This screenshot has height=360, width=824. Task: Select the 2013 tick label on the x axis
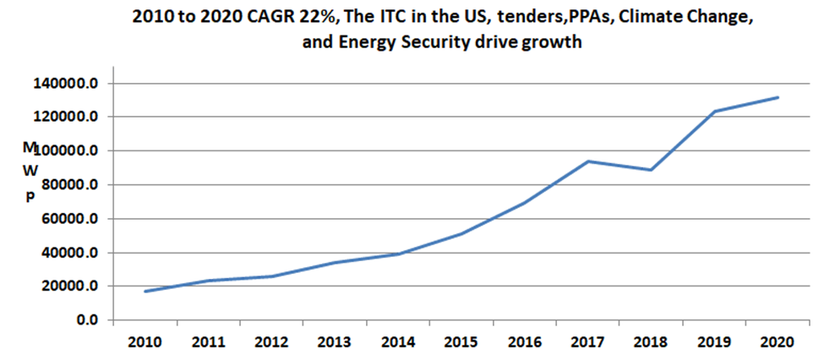click(336, 343)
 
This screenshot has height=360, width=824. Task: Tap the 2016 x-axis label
click(525, 343)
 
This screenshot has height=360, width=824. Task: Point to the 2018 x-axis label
click(651, 343)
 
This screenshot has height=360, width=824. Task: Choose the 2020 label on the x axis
click(777, 343)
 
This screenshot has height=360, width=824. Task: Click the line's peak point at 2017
click(588, 161)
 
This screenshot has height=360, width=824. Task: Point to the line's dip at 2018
click(651, 170)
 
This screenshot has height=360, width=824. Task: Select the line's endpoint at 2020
click(778, 97)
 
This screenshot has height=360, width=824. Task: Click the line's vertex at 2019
click(714, 112)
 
